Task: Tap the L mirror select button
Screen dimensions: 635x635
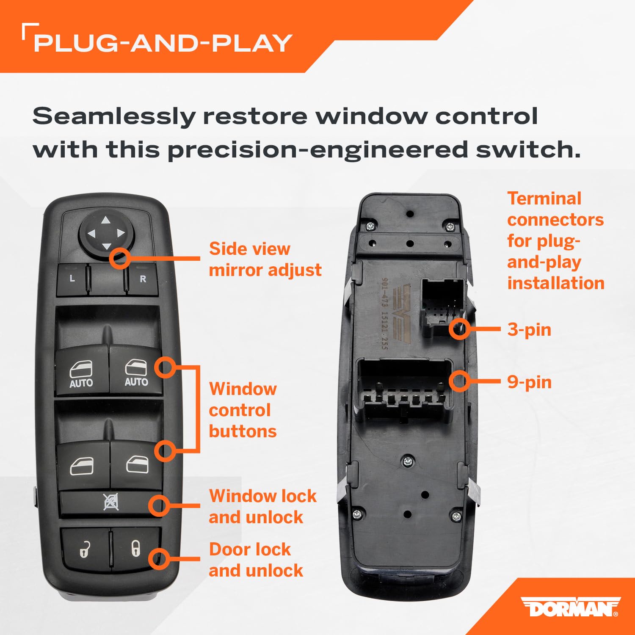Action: pyautogui.click(x=72, y=279)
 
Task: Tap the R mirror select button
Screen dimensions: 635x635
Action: pyautogui.click(x=143, y=279)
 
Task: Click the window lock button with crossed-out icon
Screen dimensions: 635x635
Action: pyautogui.click(x=111, y=502)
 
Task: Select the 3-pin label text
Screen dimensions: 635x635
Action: pyautogui.click(x=529, y=330)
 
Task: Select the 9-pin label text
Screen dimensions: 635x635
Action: pyautogui.click(x=529, y=382)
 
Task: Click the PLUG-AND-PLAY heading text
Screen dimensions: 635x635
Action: pyautogui.click(x=163, y=43)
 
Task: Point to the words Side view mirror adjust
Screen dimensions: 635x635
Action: pyautogui.click(x=265, y=259)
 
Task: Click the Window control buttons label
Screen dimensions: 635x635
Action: pyautogui.click(x=243, y=410)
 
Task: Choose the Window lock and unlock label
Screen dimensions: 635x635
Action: pyautogui.click(x=262, y=506)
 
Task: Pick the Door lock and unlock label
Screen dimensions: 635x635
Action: pyautogui.click(x=256, y=560)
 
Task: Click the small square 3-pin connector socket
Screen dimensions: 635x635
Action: pyautogui.click(x=442, y=306)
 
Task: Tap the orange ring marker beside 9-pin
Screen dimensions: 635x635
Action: pyautogui.click(x=459, y=381)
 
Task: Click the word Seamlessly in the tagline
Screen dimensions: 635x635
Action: pyautogui.click(x=113, y=116)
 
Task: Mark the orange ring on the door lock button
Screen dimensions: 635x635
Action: pyautogui.click(x=159, y=559)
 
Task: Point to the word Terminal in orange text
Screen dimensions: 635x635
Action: pyautogui.click(x=544, y=199)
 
